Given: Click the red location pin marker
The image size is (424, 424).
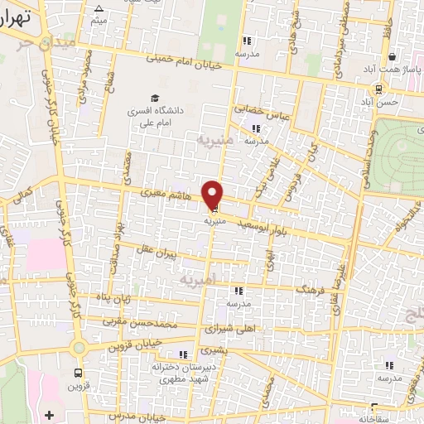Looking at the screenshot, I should (x=214, y=195).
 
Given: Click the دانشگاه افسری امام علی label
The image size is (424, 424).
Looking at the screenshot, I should (x=154, y=114).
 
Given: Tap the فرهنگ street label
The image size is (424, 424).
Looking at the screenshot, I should (x=315, y=291).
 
